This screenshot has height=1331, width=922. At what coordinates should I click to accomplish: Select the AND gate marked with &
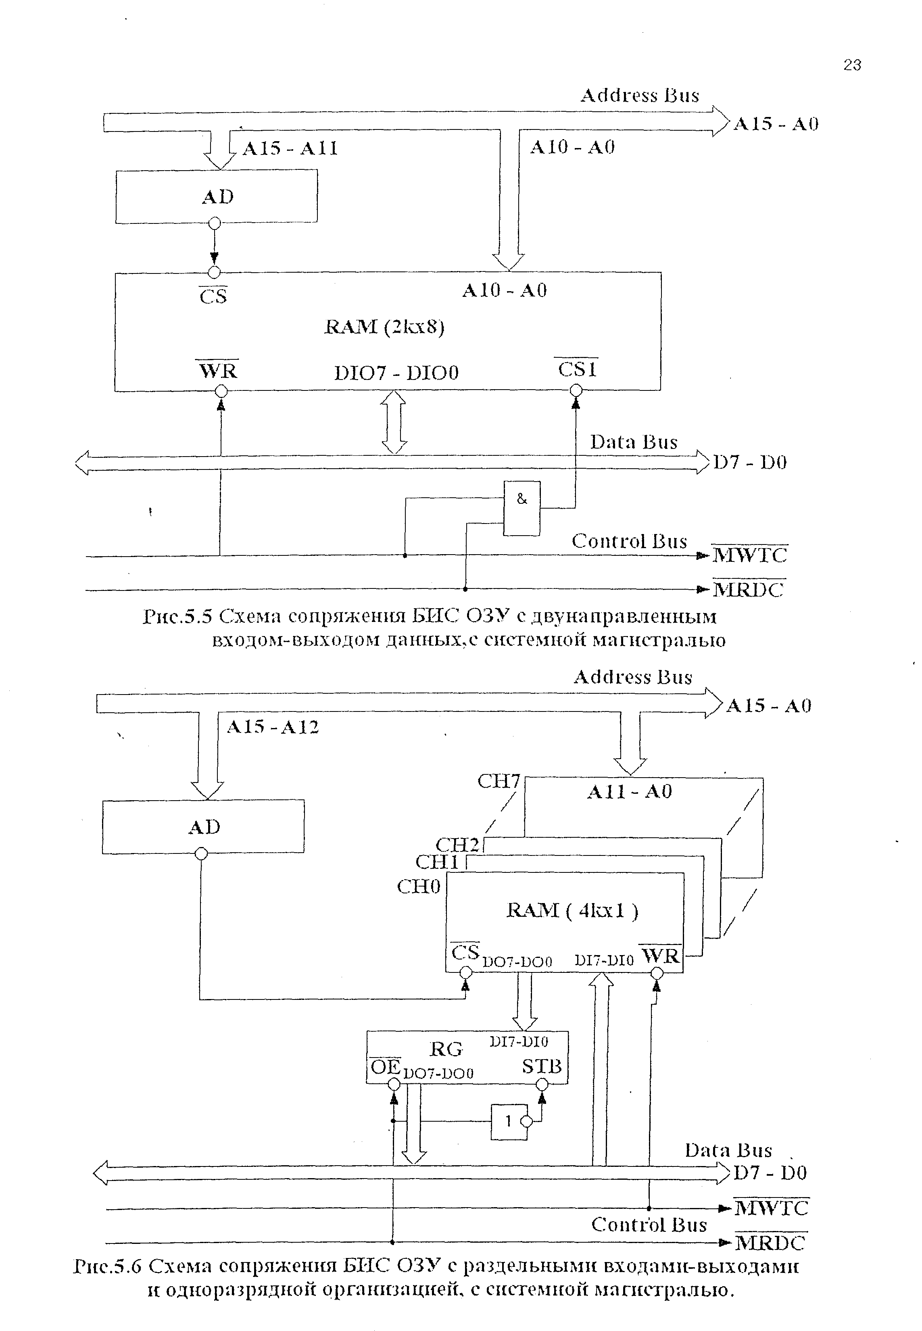tap(521, 508)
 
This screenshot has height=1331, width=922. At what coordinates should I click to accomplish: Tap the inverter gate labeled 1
tap(509, 1122)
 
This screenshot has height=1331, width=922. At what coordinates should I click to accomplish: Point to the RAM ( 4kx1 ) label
tap(572, 911)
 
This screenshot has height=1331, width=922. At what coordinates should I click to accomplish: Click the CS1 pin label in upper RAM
tap(577, 369)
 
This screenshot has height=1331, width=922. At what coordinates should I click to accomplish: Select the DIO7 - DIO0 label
tap(396, 373)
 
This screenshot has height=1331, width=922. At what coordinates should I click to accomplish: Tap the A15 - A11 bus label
tap(290, 148)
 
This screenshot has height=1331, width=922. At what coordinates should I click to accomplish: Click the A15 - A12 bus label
tap(273, 727)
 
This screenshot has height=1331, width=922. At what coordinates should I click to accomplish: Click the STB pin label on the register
tap(541, 1066)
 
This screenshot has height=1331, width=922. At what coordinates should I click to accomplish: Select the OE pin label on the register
tap(385, 1067)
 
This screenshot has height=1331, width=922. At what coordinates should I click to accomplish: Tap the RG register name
tap(446, 1049)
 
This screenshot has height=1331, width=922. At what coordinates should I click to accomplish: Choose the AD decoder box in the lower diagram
tap(203, 827)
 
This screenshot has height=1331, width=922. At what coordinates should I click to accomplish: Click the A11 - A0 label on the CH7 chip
tap(630, 791)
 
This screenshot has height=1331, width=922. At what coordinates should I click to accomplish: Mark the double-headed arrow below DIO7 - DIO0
tap(395, 422)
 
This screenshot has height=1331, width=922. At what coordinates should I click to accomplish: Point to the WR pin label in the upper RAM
tap(218, 370)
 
